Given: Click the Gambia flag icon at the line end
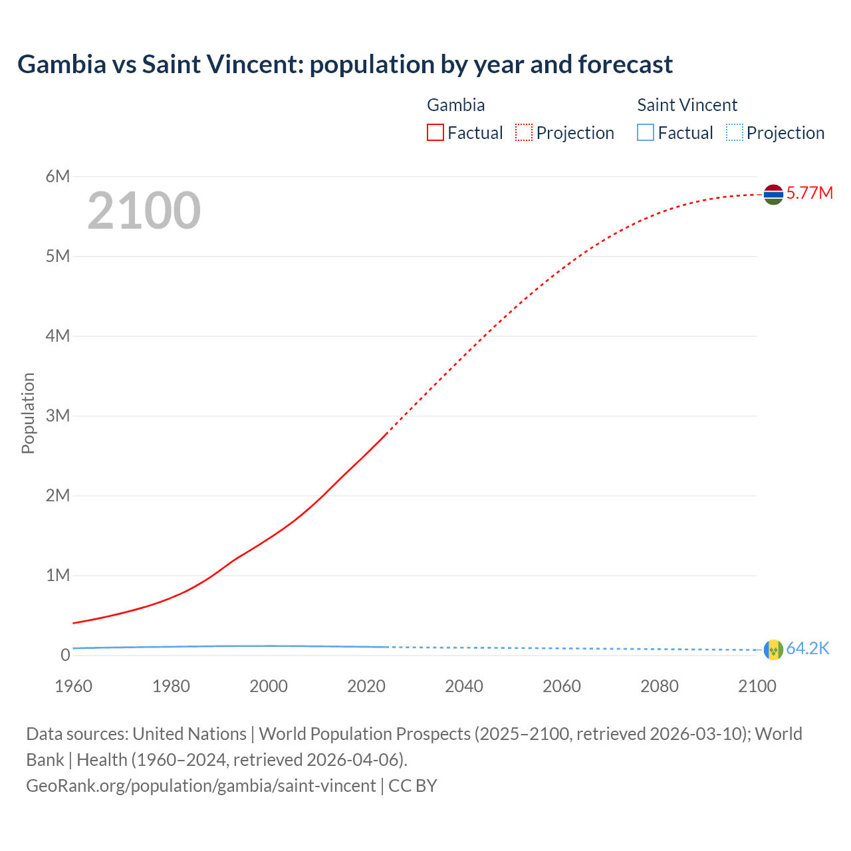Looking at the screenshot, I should point(773,194).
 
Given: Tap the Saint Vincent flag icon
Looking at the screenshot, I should point(773,650).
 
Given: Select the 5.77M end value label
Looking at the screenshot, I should point(809,193).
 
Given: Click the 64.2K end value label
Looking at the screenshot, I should point(807,649).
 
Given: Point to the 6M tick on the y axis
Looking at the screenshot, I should point(58,176).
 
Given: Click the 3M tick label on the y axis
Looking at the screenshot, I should point(58,416).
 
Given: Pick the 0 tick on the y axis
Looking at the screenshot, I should point(65,655).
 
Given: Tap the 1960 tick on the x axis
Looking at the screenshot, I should point(73,686).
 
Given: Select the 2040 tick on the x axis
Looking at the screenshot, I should point(464,686).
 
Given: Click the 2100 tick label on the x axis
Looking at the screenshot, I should point(757,686).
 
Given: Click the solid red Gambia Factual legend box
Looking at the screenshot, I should point(435,133).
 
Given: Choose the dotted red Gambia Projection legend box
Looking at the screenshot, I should point(524,133).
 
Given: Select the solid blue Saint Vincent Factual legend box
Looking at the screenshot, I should point(646,133).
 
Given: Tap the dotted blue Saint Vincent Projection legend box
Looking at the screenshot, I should point(734,133).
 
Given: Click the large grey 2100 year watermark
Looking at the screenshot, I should point(144,211).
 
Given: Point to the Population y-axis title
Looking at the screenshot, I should point(28,413).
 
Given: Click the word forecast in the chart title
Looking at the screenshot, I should point(625,64).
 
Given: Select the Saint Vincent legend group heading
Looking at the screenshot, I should point(687,105).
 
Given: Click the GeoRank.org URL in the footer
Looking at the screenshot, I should point(201,786).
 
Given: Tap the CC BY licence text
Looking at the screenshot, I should point(413,786).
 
